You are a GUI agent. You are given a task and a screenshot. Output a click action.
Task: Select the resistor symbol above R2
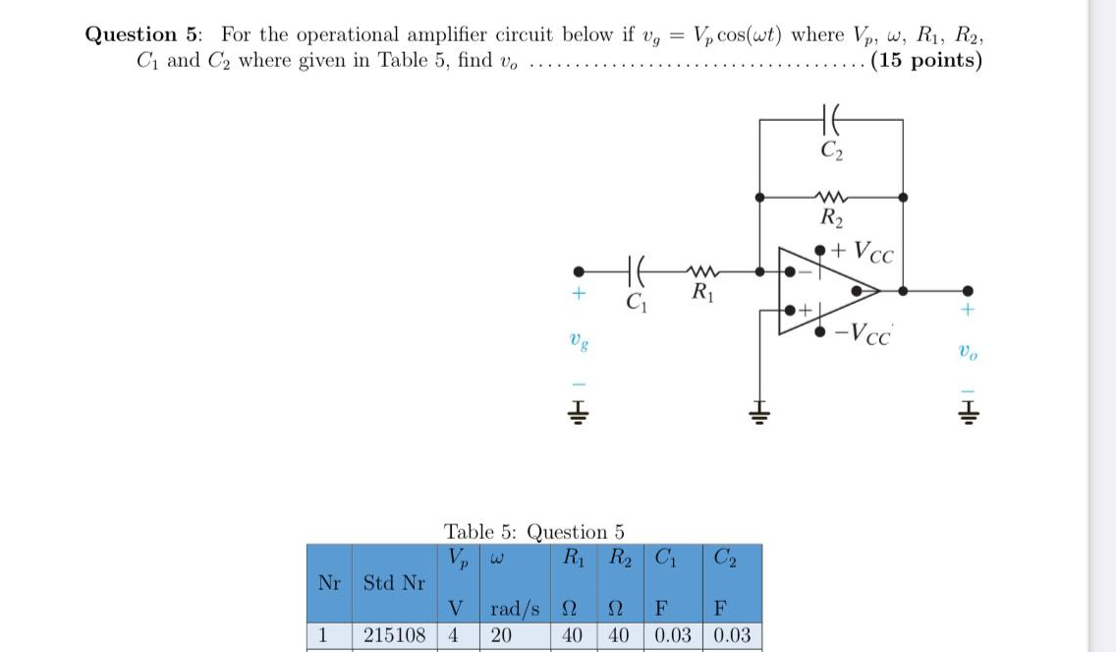pos(831,196)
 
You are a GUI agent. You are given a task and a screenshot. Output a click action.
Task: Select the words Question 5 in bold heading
pos(143,34)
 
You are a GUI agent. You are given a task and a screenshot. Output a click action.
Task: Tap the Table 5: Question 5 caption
pos(533,532)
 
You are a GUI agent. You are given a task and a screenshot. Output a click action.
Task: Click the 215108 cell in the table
pos(394,634)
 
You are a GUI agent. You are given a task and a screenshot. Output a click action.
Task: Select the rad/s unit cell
pos(515,610)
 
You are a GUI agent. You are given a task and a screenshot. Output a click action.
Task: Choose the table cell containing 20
pos(501,634)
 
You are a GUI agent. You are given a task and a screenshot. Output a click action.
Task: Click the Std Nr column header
pos(394,582)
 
